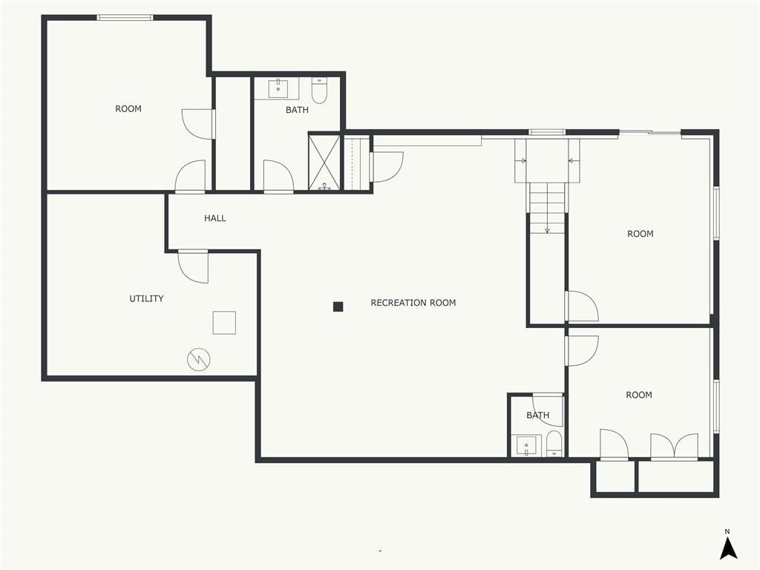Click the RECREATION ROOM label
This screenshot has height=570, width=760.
[413, 303]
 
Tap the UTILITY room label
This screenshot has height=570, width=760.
[146, 298]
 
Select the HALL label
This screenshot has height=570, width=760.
[214, 218]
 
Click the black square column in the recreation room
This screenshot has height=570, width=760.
[338, 307]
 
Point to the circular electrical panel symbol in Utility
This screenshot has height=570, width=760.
[199, 359]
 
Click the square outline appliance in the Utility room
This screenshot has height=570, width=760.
[224, 323]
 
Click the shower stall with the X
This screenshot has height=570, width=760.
[324, 162]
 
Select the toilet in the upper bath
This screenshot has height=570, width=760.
[319, 91]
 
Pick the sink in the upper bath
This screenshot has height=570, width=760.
[278, 89]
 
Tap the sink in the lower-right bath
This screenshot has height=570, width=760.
[526, 446]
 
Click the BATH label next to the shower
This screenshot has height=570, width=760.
[297, 110]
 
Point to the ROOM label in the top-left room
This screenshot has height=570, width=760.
[128, 108]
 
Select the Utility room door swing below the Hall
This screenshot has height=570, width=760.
[194, 267]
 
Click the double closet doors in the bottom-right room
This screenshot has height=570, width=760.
[674, 446]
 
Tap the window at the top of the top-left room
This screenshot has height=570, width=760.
[125, 18]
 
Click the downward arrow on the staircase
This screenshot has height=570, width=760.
[547, 209]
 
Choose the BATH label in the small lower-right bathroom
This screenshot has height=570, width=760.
[537, 416]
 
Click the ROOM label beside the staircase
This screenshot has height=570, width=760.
[641, 234]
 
